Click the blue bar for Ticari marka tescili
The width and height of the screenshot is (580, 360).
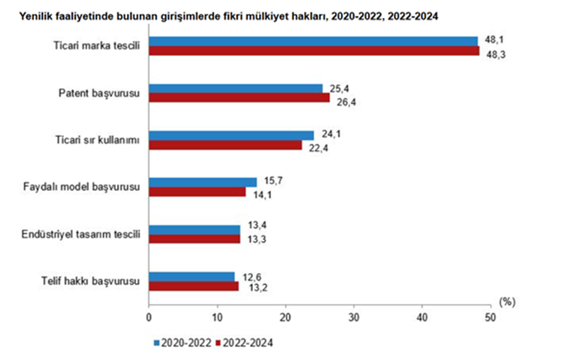click(313, 41)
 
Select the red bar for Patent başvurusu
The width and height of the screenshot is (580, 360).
click(239, 97)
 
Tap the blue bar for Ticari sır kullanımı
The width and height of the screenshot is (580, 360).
click(231, 135)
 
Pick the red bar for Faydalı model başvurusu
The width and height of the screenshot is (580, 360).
click(197, 192)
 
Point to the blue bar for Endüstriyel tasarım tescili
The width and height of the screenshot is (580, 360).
click(194, 229)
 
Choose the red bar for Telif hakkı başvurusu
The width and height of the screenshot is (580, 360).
click(194, 286)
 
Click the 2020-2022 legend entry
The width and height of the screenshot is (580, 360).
click(182, 342)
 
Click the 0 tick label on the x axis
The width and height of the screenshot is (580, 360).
click(149, 318)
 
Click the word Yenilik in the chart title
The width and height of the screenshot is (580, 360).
click(36, 17)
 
